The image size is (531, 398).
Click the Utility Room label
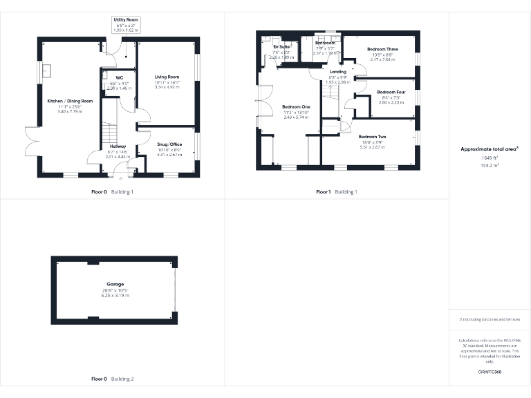point(126,21)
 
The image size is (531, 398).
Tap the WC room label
point(120,77)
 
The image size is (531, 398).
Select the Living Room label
point(167,77)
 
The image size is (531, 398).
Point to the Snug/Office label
point(169,144)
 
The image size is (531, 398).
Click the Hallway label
point(117,146)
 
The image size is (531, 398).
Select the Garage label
point(115,284)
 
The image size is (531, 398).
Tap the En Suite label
point(281,46)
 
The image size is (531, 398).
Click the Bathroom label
point(325,43)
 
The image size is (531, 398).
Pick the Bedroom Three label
point(382,49)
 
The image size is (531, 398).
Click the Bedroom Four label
point(391,92)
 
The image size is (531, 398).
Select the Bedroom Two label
point(373,137)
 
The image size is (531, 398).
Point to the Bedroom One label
point(296,107)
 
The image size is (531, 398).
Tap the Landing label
point(338,72)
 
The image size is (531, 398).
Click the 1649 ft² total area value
point(490,158)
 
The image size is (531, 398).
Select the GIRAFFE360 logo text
point(490,372)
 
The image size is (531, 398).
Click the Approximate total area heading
point(490,149)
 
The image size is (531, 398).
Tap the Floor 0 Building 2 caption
point(113,379)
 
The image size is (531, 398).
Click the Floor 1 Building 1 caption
point(337,191)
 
